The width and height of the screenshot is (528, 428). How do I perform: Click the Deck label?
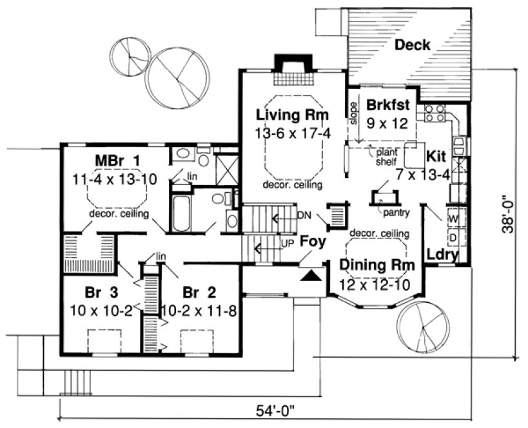pyautogui.click(x=413, y=45)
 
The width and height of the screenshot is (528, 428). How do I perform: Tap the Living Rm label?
pyautogui.click(x=292, y=115)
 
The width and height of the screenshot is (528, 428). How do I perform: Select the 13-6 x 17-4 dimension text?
pyautogui.click(x=292, y=133)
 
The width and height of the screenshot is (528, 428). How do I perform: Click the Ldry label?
pyautogui.click(x=443, y=255)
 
